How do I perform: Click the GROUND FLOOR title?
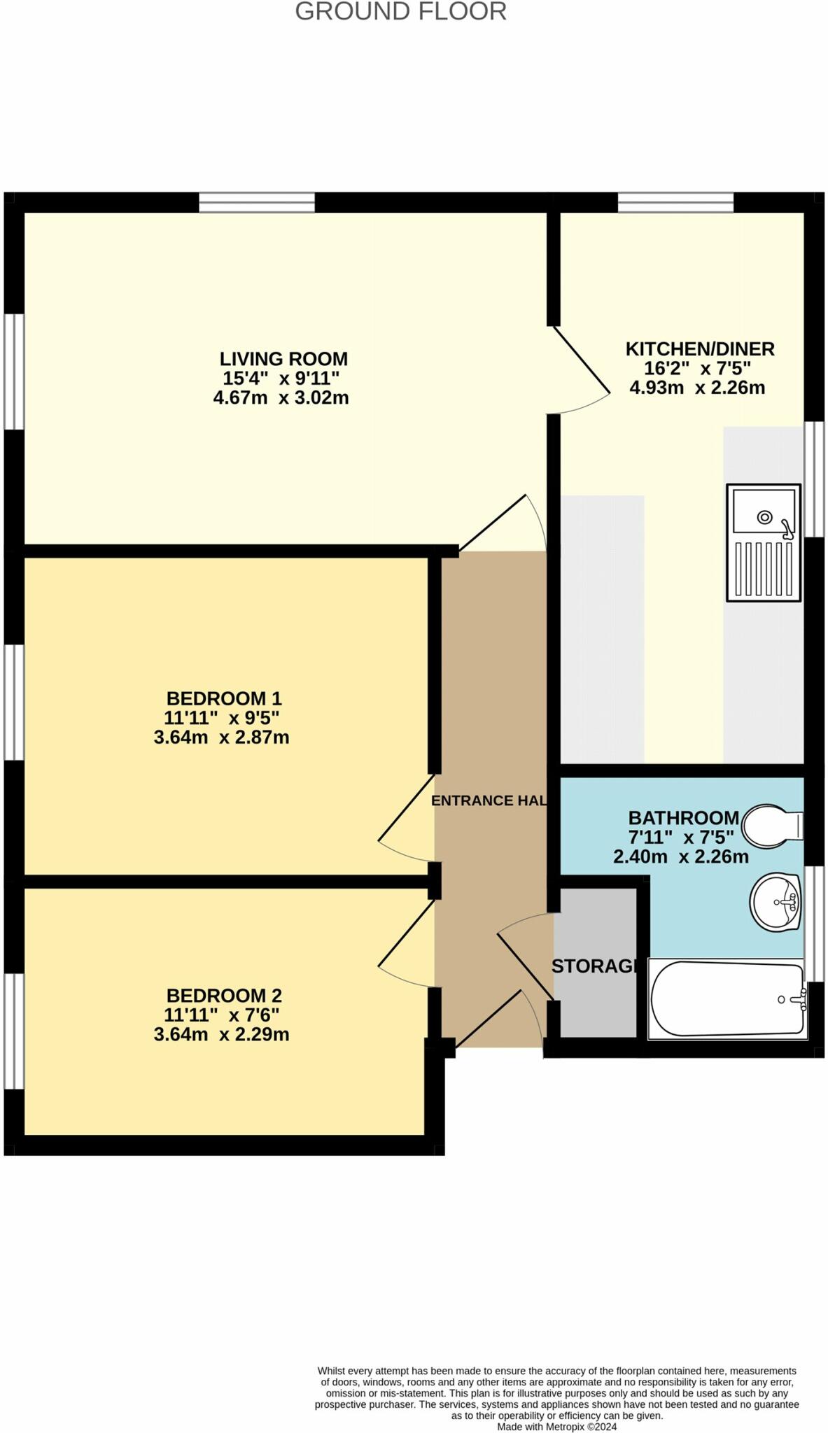click(400, 12)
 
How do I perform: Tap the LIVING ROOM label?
click(283, 359)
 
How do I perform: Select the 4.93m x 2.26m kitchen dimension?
click(697, 388)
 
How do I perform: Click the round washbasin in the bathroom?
click(775, 902)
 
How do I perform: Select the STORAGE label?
click(596, 966)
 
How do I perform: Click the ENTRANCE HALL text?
click(489, 800)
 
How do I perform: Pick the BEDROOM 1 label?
click(224, 698)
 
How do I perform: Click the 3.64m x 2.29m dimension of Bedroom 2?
click(221, 1034)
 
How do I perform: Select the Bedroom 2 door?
click(406, 938)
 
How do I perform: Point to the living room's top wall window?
click(257, 203)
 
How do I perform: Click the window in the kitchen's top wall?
click(675, 203)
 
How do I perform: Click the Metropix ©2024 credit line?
click(556, 1427)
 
